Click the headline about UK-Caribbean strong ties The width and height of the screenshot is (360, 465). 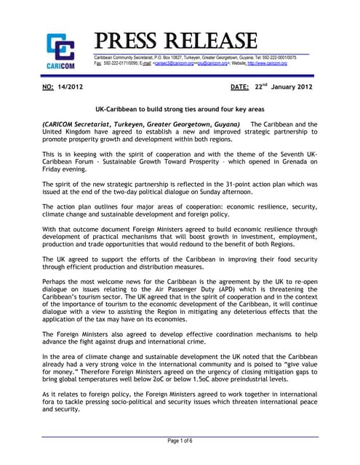[180, 108]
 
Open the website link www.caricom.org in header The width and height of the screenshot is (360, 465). [268, 64]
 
